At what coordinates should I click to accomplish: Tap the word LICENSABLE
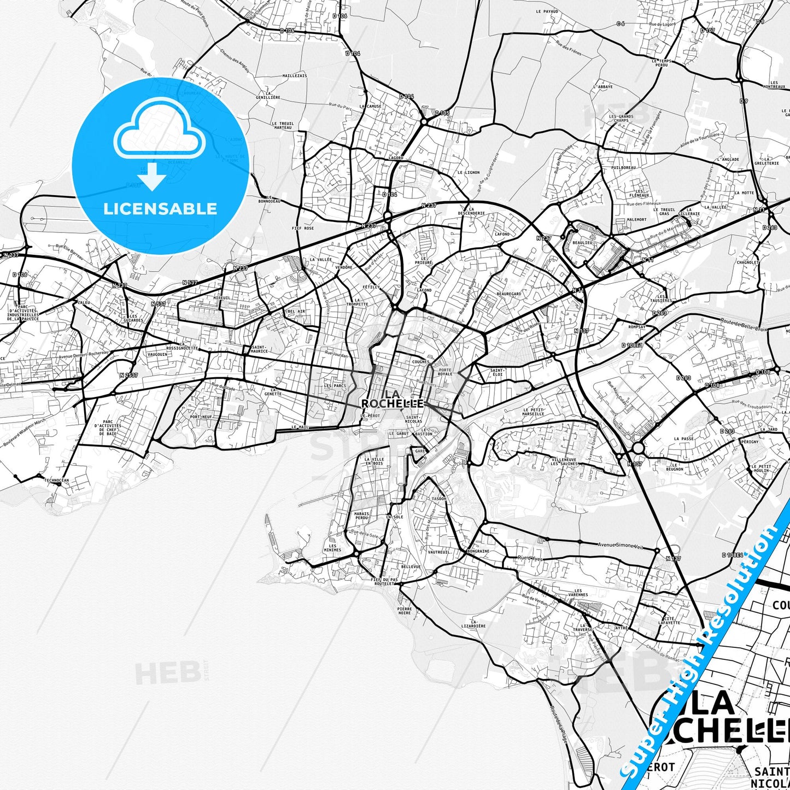pyautogui.click(x=160, y=208)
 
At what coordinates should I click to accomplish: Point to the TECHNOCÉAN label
pyautogui.click(x=56, y=480)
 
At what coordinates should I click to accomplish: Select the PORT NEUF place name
pyautogui.click(x=201, y=417)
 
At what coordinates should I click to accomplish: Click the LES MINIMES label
pyautogui.click(x=332, y=548)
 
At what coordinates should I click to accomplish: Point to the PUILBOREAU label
pyautogui.click(x=623, y=168)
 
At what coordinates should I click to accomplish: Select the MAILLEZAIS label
pyautogui.click(x=294, y=75)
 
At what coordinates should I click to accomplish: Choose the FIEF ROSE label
pyautogui.click(x=303, y=228)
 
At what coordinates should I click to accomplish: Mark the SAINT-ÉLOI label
pyautogui.click(x=496, y=372)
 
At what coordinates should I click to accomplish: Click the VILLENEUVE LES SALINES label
pyautogui.click(x=565, y=461)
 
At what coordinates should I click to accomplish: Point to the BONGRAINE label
pyautogui.click(x=478, y=551)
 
